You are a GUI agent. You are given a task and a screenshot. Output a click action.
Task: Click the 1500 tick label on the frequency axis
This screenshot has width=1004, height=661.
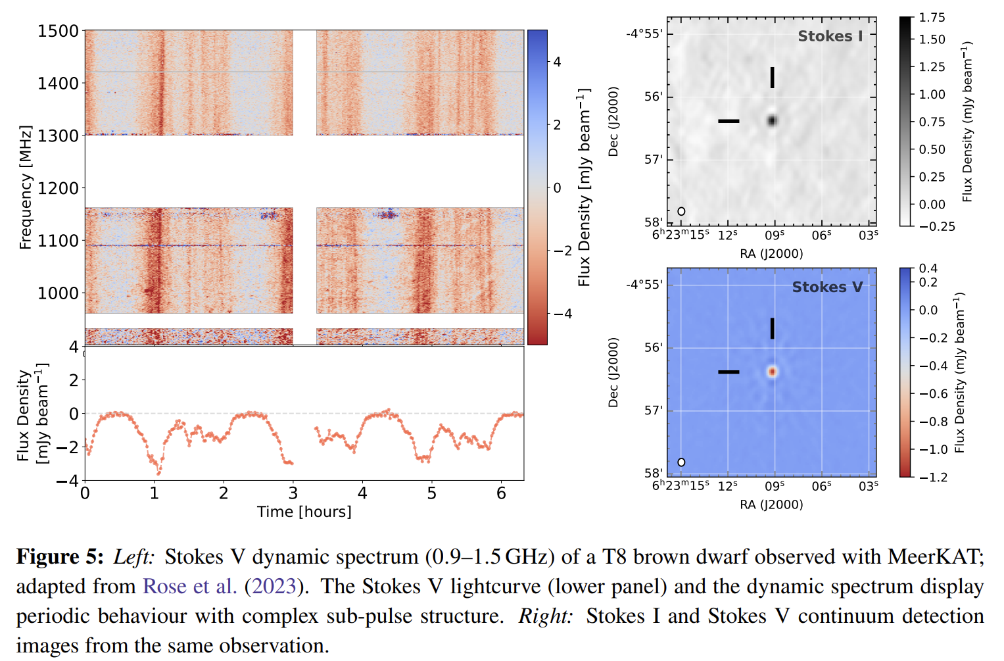pos(58,32)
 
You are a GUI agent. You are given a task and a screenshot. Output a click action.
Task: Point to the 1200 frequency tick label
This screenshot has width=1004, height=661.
pos(58,188)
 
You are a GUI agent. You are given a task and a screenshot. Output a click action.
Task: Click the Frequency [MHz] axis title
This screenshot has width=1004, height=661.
pos(26,187)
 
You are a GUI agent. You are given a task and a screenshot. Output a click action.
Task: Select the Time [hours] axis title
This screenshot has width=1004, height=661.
pos(304,512)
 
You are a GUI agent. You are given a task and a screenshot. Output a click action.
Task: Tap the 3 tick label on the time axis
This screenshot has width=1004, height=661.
pos(293,493)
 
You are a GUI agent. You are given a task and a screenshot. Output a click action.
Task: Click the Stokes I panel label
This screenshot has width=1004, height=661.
pos(830,36)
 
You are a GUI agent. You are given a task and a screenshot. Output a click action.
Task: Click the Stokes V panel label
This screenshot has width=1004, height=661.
pos(827,287)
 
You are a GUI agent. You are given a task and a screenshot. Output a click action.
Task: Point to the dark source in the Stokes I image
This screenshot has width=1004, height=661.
pos(772,120)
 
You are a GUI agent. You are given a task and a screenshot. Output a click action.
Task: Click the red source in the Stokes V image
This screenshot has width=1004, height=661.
pos(772,372)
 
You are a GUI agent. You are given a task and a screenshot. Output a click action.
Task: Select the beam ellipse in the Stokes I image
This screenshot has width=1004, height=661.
pos(681,211)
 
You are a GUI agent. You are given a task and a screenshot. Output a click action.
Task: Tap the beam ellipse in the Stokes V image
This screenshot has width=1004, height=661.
pos(681,462)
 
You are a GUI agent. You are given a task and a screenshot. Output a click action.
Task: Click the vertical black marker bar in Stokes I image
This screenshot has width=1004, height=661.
pos(773,78)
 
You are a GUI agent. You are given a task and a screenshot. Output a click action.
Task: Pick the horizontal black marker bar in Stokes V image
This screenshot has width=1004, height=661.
pos(729,372)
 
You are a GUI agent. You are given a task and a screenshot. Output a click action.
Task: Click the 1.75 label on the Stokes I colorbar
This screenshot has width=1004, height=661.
pos(932,18)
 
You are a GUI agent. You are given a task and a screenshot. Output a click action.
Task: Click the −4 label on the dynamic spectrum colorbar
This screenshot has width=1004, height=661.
pos(563,314)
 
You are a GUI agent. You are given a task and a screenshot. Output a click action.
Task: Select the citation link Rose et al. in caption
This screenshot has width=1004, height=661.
pos(189,586)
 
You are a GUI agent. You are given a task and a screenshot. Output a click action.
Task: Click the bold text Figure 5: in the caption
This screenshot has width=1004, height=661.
pos(60,557)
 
